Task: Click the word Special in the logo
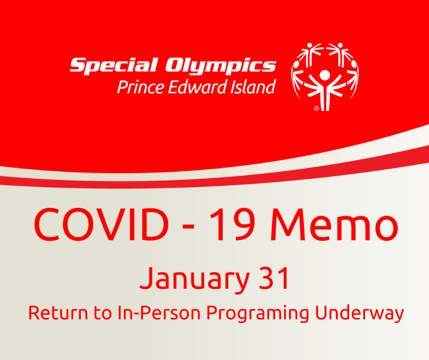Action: (x=114, y=65)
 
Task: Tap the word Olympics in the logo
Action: (x=220, y=66)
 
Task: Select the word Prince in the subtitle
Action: (x=141, y=87)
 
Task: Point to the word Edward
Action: (x=197, y=87)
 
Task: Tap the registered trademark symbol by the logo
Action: (x=316, y=108)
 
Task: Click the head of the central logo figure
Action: (x=325, y=75)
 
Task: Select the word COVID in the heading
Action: (x=101, y=224)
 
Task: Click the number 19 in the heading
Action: (x=232, y=224)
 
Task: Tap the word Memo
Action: (x=334, y=224)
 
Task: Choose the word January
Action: (x=194, y=279)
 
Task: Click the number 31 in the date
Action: (x=273, y=278)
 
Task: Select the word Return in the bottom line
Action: (x=58, y=313)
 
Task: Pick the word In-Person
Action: (x=159, y=313)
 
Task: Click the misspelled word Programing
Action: (x=258, y=314)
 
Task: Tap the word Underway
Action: (x=360, y=314)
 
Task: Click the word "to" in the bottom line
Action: (x=103, y=313)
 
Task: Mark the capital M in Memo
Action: (x=287, y=224)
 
